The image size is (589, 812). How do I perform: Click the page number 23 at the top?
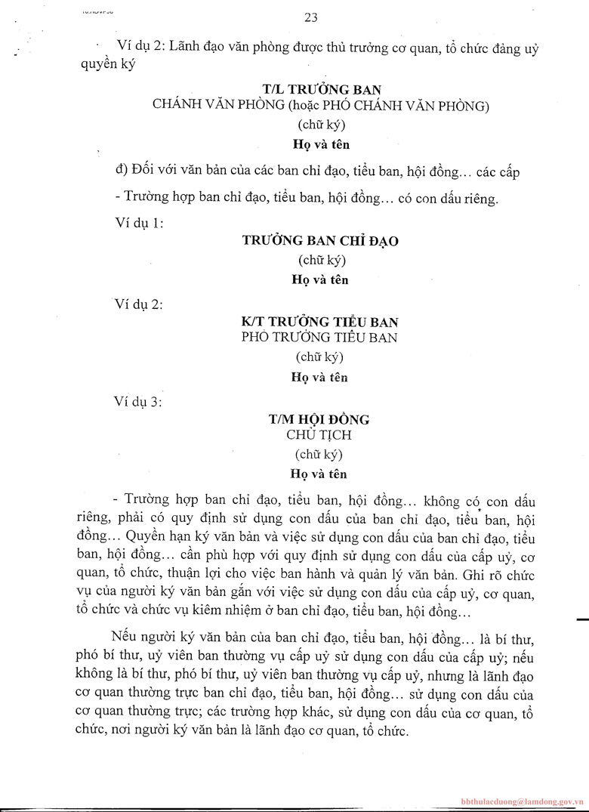[x=311, y=18]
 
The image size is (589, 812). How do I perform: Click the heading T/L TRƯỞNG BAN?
[x=320, y=90]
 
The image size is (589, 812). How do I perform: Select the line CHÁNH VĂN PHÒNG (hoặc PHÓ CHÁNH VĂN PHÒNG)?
[x=321, y=106]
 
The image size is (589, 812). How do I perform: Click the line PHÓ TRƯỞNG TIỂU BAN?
[x=319, y=338]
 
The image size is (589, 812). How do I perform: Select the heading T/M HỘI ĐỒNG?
[x=319, y=419]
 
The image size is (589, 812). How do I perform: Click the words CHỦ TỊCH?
[x=319, y=435]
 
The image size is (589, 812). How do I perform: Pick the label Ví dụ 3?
[x=136, y=402]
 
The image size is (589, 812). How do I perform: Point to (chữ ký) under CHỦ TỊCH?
[x=319, y=455]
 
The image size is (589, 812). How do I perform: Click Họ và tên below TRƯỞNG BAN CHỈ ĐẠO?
[x=320, y=279]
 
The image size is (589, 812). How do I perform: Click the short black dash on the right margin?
[x=581, y=619]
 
